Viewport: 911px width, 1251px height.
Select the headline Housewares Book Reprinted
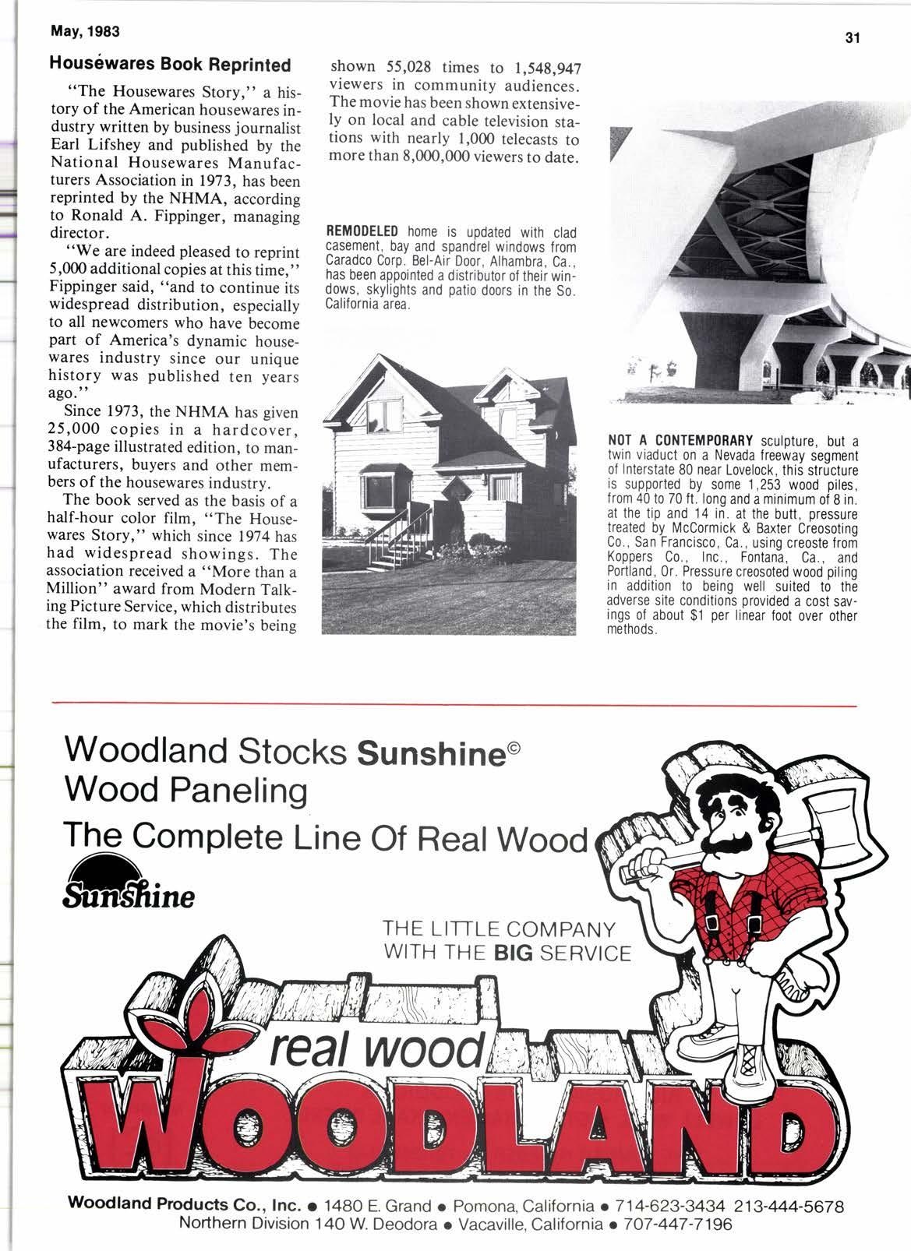[171, 65]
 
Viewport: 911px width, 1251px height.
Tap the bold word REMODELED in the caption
[362, 232]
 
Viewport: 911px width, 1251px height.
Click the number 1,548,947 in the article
[546, 67]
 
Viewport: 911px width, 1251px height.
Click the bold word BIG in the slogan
[507, 953]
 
